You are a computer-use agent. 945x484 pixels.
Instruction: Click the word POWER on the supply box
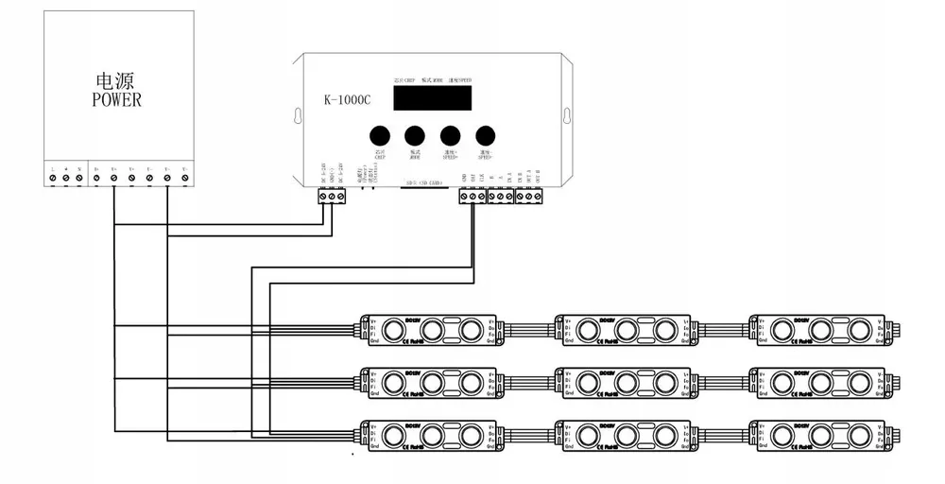click(116, 99)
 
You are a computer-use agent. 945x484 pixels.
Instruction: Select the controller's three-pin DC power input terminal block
click(329, 196)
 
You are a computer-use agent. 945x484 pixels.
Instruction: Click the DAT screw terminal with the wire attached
click(472, 196)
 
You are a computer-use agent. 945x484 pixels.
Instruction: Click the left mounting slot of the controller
click(299, 116)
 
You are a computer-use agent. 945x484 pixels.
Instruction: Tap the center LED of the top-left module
click(434, 329)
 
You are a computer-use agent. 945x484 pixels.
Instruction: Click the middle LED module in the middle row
click(626, 382)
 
